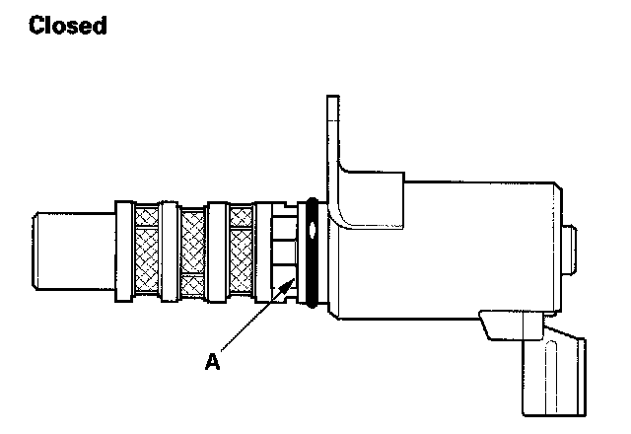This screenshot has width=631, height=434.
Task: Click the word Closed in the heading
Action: click(x=68, y=26)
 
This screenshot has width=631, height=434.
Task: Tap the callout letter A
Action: click(x=211, y=362)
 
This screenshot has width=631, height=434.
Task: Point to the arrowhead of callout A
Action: click(x=292, y=281)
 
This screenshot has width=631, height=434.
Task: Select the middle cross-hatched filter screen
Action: click(x=194, y=251)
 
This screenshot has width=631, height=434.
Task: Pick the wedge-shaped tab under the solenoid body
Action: click(x=503, y=325)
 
